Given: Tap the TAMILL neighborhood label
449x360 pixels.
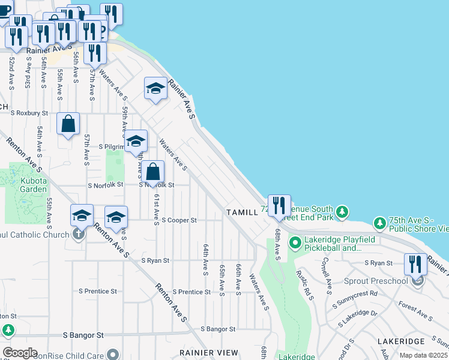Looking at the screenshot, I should pos(242,212).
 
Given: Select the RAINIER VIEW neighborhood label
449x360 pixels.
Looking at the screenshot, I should pos(205,352).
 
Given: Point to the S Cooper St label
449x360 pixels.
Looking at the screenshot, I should pos(179,220).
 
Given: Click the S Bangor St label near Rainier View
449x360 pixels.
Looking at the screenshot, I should pos(218,329).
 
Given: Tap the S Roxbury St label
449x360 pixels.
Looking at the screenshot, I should pos(29,112).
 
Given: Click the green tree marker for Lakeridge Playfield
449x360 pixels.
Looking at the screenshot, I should pos(295,243).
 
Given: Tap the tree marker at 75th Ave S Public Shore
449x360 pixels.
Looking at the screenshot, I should pos(380,223).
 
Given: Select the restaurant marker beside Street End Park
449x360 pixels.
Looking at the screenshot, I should pos(279,206).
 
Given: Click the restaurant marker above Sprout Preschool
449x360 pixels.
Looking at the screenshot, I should pos(415,265).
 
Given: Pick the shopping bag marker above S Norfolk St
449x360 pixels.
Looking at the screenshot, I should pos(154,172).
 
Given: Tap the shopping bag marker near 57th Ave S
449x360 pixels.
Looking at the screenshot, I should pos(68,124).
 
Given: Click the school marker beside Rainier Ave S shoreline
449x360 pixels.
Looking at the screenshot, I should pos(156,89).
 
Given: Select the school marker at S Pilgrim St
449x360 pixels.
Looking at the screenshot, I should pos(136,142).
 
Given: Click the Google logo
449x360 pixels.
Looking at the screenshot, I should pos(19,353).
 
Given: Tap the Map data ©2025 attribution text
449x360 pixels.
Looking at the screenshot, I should pos(423,356).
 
